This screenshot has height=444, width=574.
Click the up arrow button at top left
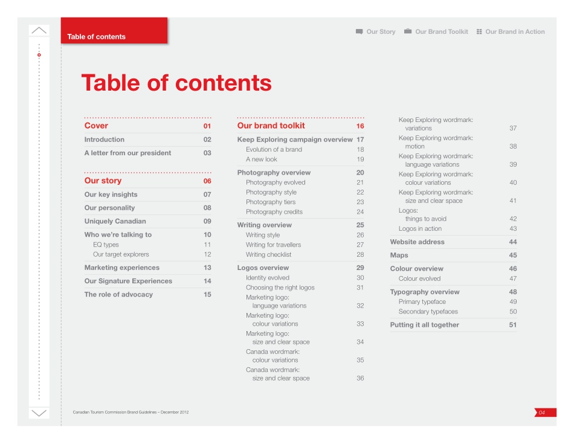coord(39,30)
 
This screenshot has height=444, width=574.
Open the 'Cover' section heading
coord(96,126)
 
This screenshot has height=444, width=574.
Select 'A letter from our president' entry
coord(127,153)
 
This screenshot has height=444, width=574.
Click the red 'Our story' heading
coord(103,181)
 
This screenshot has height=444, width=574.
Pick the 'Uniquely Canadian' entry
coord(115,221)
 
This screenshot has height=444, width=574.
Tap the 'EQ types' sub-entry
coord(106,245)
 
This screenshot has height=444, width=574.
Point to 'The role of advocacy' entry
coord(118,295)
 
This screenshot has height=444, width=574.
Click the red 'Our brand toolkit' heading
coord(271,126)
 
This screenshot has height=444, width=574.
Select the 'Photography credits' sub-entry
coord(274,212)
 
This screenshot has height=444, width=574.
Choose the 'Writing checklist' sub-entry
coord(268,255)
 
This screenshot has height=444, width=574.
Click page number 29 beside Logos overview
coord(360,268)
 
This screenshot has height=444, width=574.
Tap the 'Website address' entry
coord(417,242)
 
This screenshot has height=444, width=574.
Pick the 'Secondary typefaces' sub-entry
coord(428,312)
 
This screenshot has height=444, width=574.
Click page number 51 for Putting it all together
coord(513,325)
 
